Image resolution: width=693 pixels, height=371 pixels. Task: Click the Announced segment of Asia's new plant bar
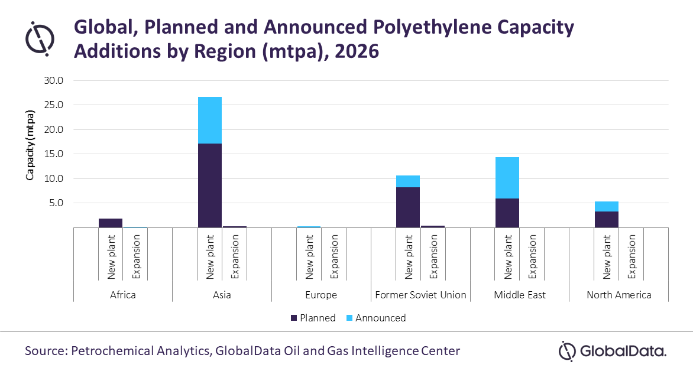[209, 120]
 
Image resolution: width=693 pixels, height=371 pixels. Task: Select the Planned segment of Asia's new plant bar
[209, 185]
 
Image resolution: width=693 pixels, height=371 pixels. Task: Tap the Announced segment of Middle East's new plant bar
[507, 177]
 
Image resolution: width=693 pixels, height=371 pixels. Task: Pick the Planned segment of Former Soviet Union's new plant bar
[407, 207]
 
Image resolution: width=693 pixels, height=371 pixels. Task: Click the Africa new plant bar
[111, 223]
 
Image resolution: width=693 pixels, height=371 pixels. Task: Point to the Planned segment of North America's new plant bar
[606, 219]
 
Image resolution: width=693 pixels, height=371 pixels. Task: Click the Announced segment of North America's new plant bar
[606, 206]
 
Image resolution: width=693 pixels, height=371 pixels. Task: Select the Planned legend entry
[313, 318]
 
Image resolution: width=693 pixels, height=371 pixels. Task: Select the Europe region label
[321, 295]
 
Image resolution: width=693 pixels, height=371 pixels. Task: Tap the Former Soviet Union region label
[420, 295]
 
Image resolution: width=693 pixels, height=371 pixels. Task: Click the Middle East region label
[520, 295]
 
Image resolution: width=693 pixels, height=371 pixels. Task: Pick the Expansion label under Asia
[235, 257]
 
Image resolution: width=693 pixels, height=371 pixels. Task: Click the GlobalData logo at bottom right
[613, 351]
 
